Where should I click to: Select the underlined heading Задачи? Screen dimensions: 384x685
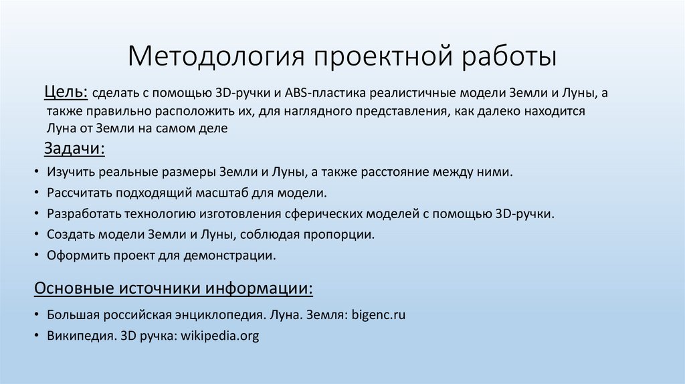tap(74, 148)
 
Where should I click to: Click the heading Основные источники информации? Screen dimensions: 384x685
tap(173, 288)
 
